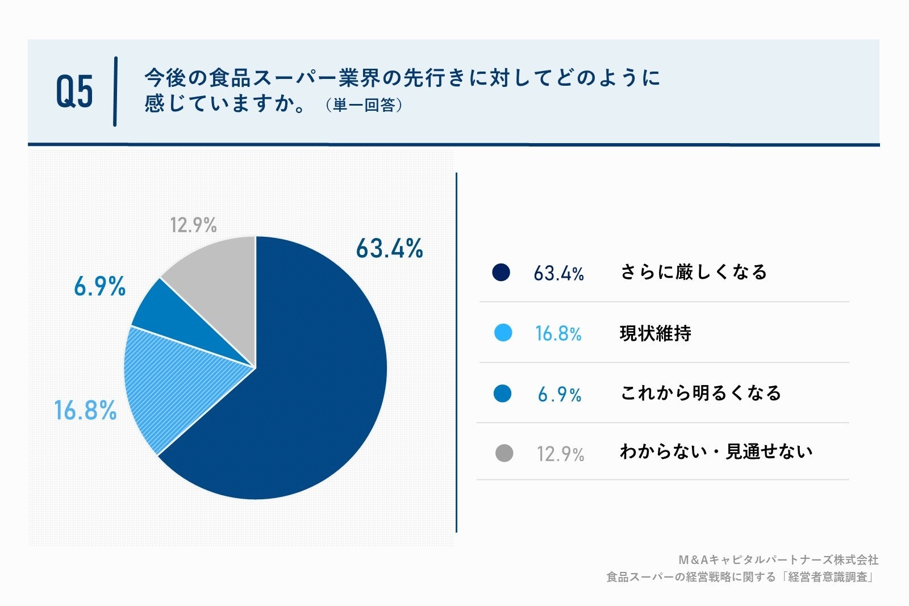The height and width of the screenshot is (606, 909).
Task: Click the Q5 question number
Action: (x=74, y=91)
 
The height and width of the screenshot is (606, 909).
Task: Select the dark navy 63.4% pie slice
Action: (x=307, y=386)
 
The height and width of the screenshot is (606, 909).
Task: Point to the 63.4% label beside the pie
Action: (x=389, y=249)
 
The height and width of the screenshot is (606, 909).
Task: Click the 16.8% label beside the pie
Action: (x=85, y=410)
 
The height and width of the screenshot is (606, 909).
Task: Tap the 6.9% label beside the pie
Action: (x=99, y=287)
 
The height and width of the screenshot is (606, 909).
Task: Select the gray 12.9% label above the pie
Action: (x=193, y=225)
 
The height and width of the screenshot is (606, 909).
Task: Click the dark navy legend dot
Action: (x=501, y=273)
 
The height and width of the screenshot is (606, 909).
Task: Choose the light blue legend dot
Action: (x=503, y=333)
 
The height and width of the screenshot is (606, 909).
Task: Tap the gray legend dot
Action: (x=504, y=453)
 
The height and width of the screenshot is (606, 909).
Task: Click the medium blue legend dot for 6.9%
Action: (x=502, y=393)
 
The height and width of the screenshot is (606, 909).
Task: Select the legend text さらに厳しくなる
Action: (x=694, y=272)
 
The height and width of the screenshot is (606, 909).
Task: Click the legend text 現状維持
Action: (x=656, y=333)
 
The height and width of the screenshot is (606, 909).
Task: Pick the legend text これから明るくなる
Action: (x=701, y=393)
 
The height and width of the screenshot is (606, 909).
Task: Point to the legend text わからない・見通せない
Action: (x=716, y=452)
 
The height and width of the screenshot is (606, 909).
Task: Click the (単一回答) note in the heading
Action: (x=364, y=106)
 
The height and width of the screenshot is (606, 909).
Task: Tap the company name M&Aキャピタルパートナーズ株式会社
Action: (x=778, y=560)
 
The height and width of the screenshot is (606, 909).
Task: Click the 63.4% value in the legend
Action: (x=558, y=274)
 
